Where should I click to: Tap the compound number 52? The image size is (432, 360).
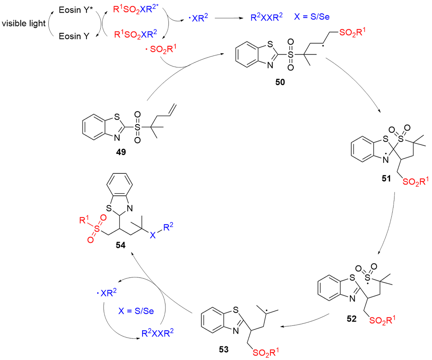coord(352,319)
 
